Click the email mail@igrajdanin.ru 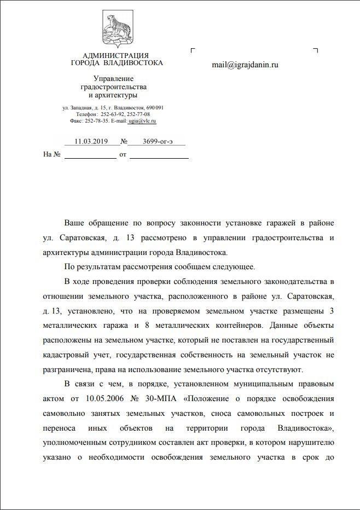[245, 65]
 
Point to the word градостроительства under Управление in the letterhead [113, 87]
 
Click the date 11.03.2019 [92, 141]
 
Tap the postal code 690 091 [155, 107]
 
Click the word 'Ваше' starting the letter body [74, 223]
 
